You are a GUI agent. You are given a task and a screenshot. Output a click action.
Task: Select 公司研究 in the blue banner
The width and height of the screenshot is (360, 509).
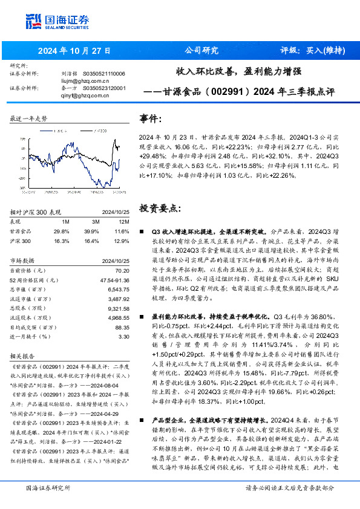coord(201,50)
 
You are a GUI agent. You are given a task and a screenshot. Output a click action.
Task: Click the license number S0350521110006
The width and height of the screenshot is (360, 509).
coord(103,74)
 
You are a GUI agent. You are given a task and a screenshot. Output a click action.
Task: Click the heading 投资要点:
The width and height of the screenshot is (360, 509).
coord(160,208)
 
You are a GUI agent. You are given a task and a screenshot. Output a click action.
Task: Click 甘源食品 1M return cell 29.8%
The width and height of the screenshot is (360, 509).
coord(61,232)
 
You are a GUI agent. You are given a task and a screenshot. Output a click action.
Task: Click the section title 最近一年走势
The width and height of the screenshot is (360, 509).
coord(28,118)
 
